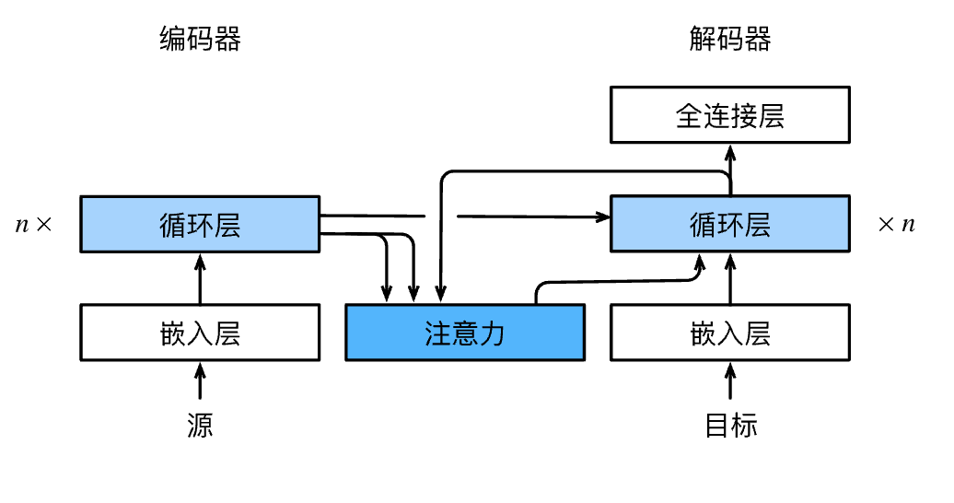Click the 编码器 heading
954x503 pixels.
(200, 39)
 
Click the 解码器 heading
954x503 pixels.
(730, 39)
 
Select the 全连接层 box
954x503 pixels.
(730, 115)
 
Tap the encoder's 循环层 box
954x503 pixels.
(200, 224)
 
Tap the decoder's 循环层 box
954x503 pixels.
(730, 224)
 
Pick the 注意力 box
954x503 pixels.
(465, 333)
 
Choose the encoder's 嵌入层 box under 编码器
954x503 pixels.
(200, 333)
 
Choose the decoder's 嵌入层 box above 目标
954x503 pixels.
(730, 333)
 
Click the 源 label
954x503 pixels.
(200, 425)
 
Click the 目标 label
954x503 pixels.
(731, 425)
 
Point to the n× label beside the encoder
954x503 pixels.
(33, 225)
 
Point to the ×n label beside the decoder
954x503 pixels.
(896, 225)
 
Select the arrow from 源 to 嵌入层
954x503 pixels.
(200, 380)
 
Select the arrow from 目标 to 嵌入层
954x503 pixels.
(730, 380)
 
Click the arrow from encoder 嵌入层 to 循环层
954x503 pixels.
(200, 279)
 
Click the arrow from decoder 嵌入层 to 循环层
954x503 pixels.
(730, 279)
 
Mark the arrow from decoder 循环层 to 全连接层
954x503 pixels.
(730, 170)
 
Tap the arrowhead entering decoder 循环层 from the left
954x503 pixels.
(603, 216)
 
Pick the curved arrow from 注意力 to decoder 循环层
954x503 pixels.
(614, 281)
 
